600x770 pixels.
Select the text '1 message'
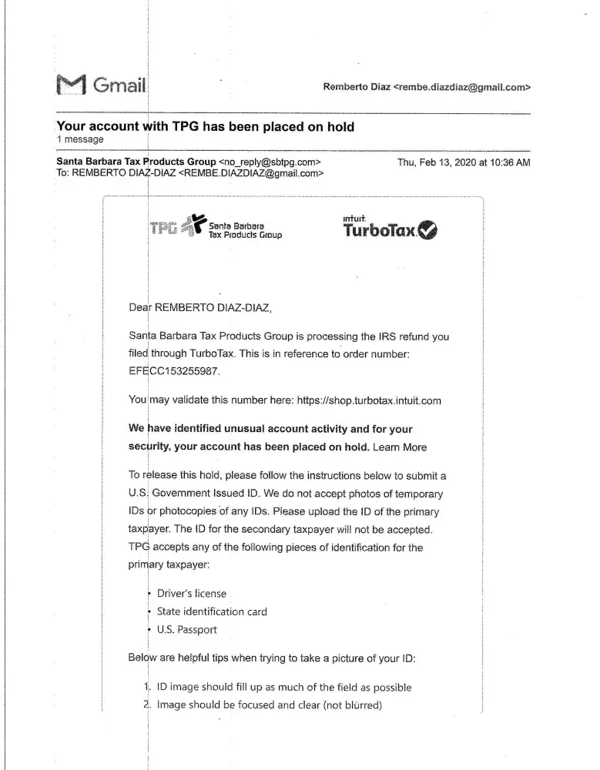point(80,139)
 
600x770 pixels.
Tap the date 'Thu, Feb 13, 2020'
point(436,162)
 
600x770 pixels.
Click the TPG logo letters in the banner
point(163,228)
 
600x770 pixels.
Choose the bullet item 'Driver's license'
point(191,594)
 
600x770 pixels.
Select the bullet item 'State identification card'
point(212,611)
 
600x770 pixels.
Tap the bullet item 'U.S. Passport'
point(187,629)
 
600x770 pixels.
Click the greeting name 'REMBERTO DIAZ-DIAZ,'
point(213,308)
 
